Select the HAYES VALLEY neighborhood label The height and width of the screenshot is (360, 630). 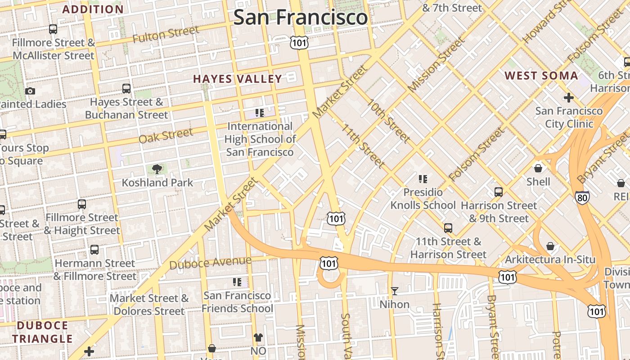tap(237, 79)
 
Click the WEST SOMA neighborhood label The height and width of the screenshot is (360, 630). tap(541, 76)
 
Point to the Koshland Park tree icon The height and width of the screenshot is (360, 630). tap(157, 169)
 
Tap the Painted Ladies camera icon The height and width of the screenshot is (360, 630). tap(30, 91)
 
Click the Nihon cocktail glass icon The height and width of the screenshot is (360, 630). tap(395, 291)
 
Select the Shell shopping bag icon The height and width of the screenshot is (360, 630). tap(538, 169)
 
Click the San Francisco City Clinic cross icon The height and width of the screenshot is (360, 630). tap(568, 97)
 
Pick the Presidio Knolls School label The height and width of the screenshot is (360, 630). tap(423, 198)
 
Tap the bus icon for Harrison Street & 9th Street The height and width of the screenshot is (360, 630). tap(498, 192)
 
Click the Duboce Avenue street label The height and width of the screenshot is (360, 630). tap(210, 263)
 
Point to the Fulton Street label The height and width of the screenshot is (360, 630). tap(166, 34)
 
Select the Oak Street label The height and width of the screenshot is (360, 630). tap(166, 135)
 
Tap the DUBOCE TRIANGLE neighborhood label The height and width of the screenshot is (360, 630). tap(42, 332)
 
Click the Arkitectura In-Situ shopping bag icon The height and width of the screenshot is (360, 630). tap(550, 247)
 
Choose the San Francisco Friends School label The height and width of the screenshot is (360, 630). tap(237, 302)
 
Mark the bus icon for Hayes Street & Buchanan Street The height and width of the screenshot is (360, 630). tap(126, 89)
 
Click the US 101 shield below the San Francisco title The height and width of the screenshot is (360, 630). tap(299, 43)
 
